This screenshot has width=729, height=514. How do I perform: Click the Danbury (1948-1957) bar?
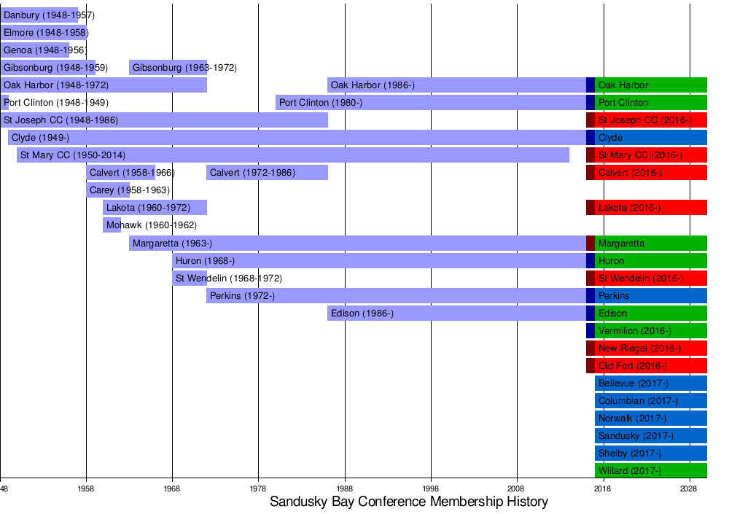point(39,15)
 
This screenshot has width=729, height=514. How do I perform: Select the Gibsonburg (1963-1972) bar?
point(168,68)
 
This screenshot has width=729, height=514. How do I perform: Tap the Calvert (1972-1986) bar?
point(267,173)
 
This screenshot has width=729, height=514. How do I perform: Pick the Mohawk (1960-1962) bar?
point(112,225)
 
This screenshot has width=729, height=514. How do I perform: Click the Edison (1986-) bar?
point(456,314)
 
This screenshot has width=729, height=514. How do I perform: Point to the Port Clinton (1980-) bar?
point(430,103)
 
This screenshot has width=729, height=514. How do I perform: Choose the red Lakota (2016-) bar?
point(650,208)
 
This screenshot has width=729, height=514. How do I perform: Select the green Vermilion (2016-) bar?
point(650,331)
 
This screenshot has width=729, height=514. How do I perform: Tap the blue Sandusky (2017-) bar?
point(650,436)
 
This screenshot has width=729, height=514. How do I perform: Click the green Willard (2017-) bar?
point(650,471)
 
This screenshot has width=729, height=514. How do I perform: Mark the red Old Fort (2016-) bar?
point(650,366)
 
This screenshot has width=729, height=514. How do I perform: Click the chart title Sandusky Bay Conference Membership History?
point(408,502)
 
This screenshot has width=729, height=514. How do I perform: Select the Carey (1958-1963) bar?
point(108,190)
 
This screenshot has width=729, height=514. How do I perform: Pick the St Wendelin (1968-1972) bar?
point(190,279)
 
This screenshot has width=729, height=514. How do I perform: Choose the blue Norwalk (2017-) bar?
point(650,418)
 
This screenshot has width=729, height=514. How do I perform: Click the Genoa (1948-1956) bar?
point(35,50)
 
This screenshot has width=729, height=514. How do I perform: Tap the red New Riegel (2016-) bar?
point(650,348)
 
